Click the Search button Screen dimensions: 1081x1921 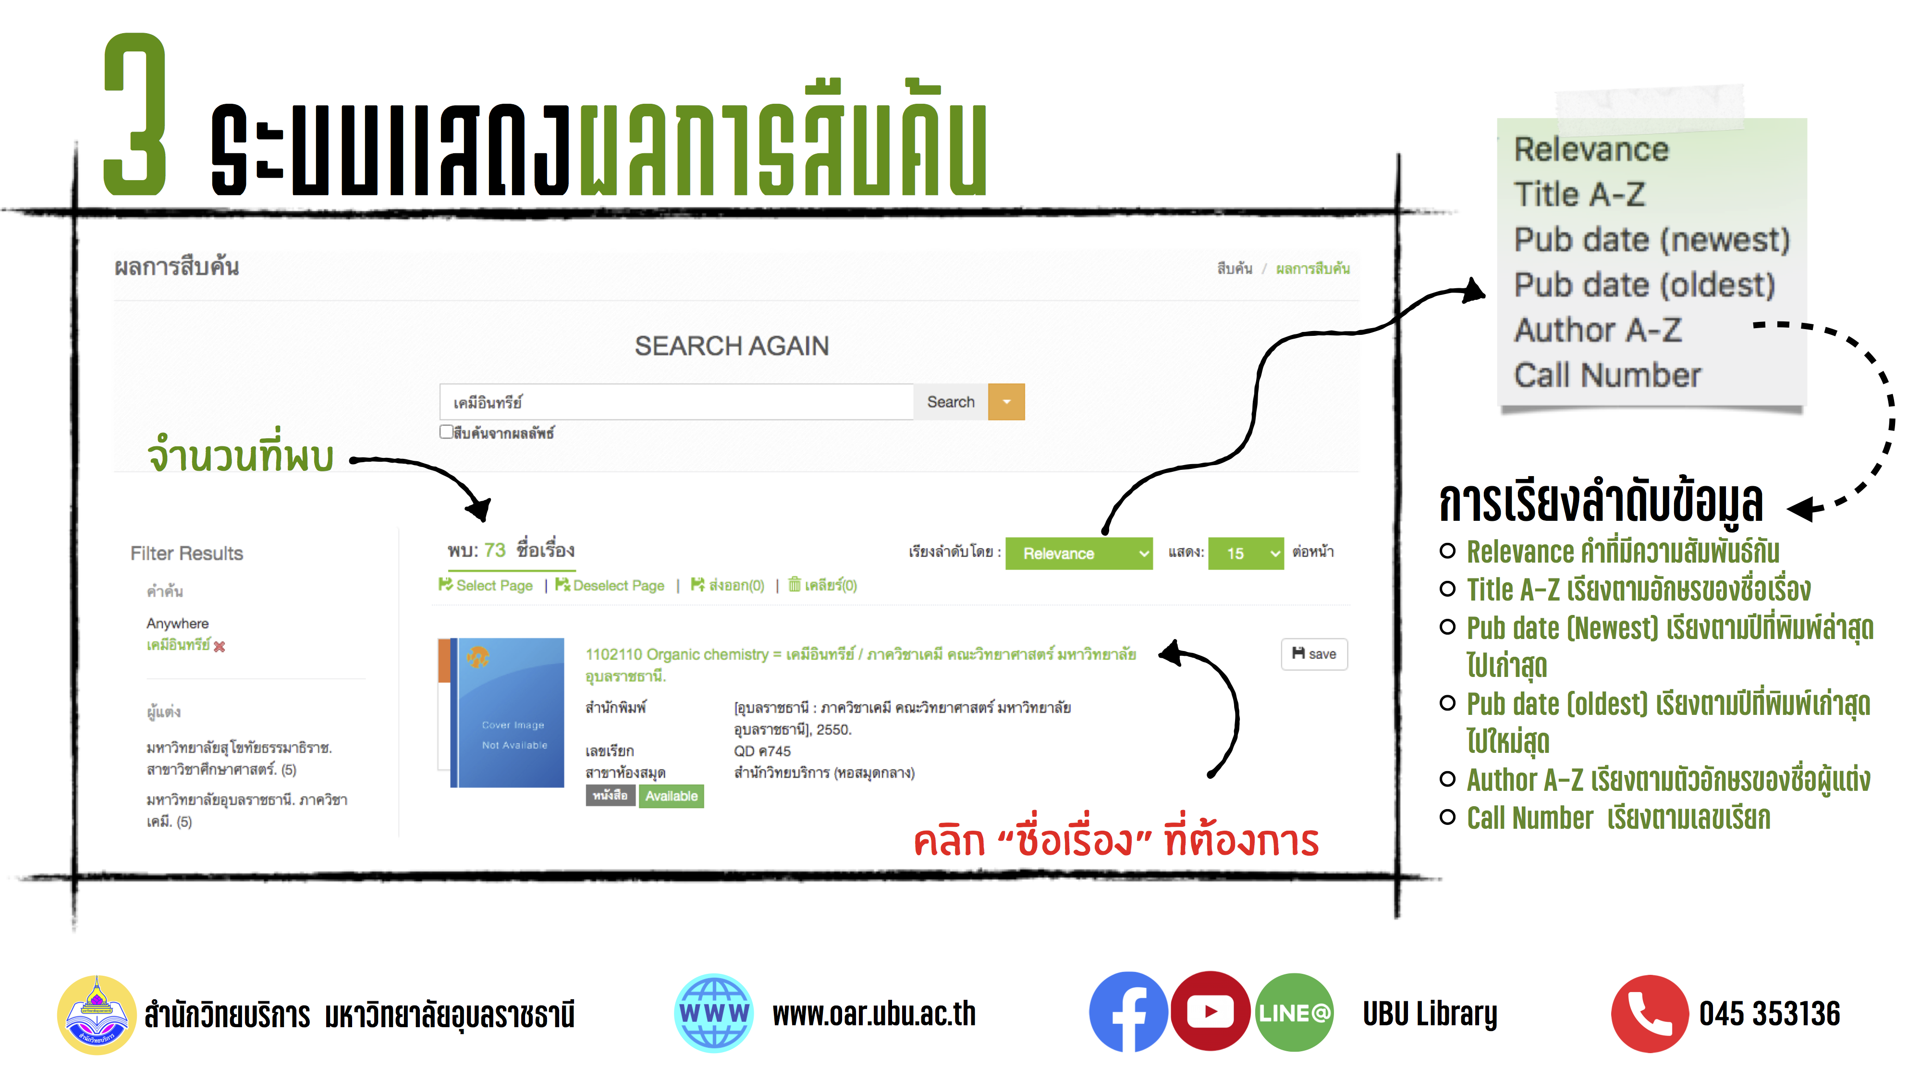tap(950, 402)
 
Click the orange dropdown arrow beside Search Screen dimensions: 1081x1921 tap(1006, 402)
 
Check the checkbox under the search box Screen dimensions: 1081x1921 tap(446, 432)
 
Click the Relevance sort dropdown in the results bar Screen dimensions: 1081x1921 tap(1077, 553)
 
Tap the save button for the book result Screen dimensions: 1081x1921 tap(1313, 654)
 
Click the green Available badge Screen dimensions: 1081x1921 tap(671, 796)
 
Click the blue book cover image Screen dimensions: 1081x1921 tap(511, 712)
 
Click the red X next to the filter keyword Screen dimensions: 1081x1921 tap(219, 647)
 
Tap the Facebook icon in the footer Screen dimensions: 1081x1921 tap(1127, 1012)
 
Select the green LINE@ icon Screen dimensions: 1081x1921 tap(1294, 1012)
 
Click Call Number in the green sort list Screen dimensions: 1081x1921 tap(1607, 375)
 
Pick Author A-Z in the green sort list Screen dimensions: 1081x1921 tap(1597, 330)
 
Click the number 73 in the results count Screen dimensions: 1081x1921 tap(494, 551)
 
